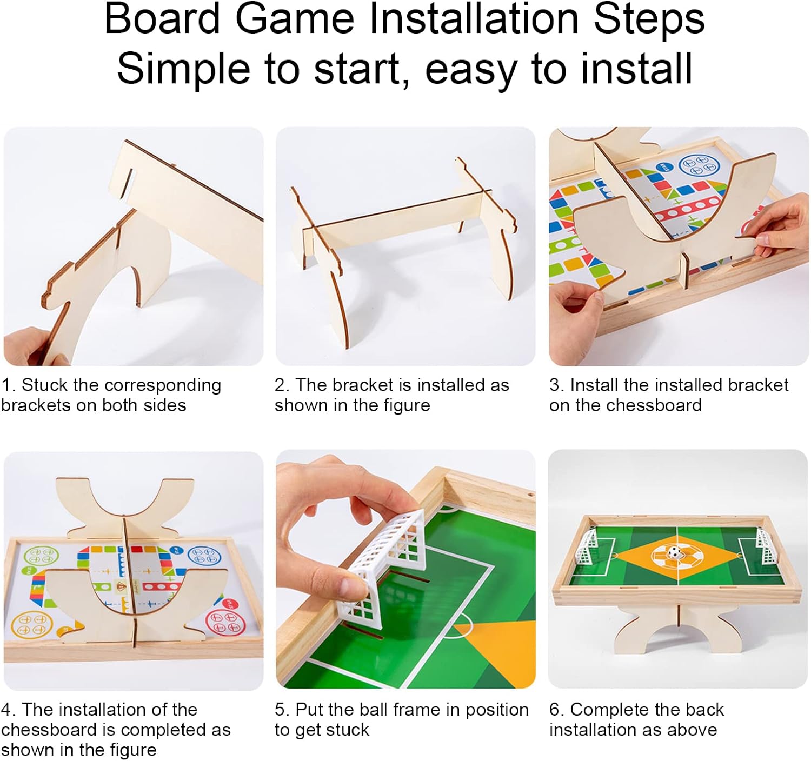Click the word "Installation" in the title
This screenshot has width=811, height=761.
pos(474,19)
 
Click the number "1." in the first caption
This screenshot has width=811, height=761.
pos(9,385)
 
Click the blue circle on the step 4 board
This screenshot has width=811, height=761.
pos(204,555)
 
